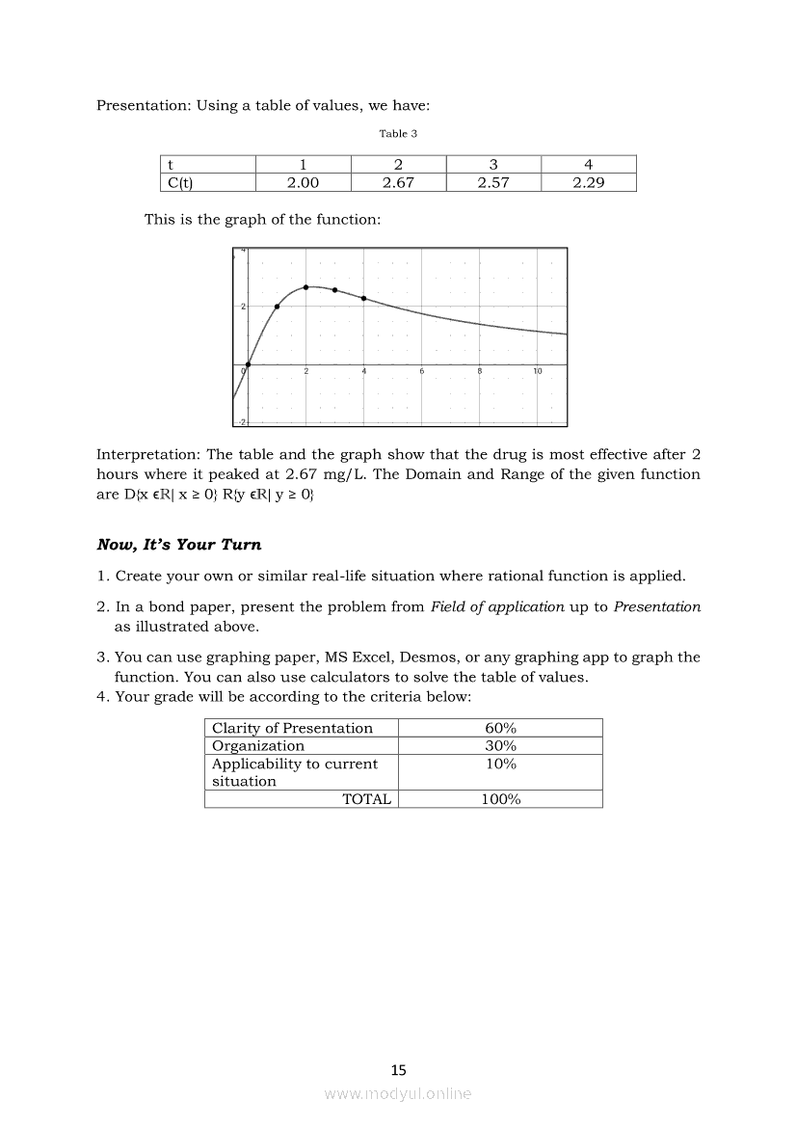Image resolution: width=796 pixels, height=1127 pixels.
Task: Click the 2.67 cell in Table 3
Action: (398, 183)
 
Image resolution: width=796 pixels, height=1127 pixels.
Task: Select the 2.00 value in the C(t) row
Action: (304, 183)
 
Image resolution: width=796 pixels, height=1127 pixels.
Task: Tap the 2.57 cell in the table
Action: (493, 183)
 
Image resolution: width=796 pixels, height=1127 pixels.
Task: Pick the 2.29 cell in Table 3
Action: (588, 183)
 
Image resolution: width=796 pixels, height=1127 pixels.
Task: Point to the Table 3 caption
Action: (398, 134)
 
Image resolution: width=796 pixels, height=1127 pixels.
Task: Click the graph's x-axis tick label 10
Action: (538, 372)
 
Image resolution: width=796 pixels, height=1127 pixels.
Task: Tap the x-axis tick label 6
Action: (422, 372)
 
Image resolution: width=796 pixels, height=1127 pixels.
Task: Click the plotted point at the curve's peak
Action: (306, 287)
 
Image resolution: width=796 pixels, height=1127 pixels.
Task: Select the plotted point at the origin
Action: (249, 364)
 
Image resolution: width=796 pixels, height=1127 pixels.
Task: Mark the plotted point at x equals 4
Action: (363, 298)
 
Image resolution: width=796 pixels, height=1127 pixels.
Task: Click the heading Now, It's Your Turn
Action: (178, 545)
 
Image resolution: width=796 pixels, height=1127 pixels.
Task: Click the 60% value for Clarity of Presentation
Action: (500, 728)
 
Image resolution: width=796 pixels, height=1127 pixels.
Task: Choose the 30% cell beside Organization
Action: (500, 745)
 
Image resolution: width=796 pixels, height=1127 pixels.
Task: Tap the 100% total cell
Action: (500, 799)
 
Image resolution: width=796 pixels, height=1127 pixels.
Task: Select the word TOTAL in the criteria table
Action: (366, 799)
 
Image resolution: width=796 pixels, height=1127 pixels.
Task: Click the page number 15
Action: (399, 1069)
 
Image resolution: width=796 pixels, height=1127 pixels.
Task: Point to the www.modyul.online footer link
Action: (398, 1093)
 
